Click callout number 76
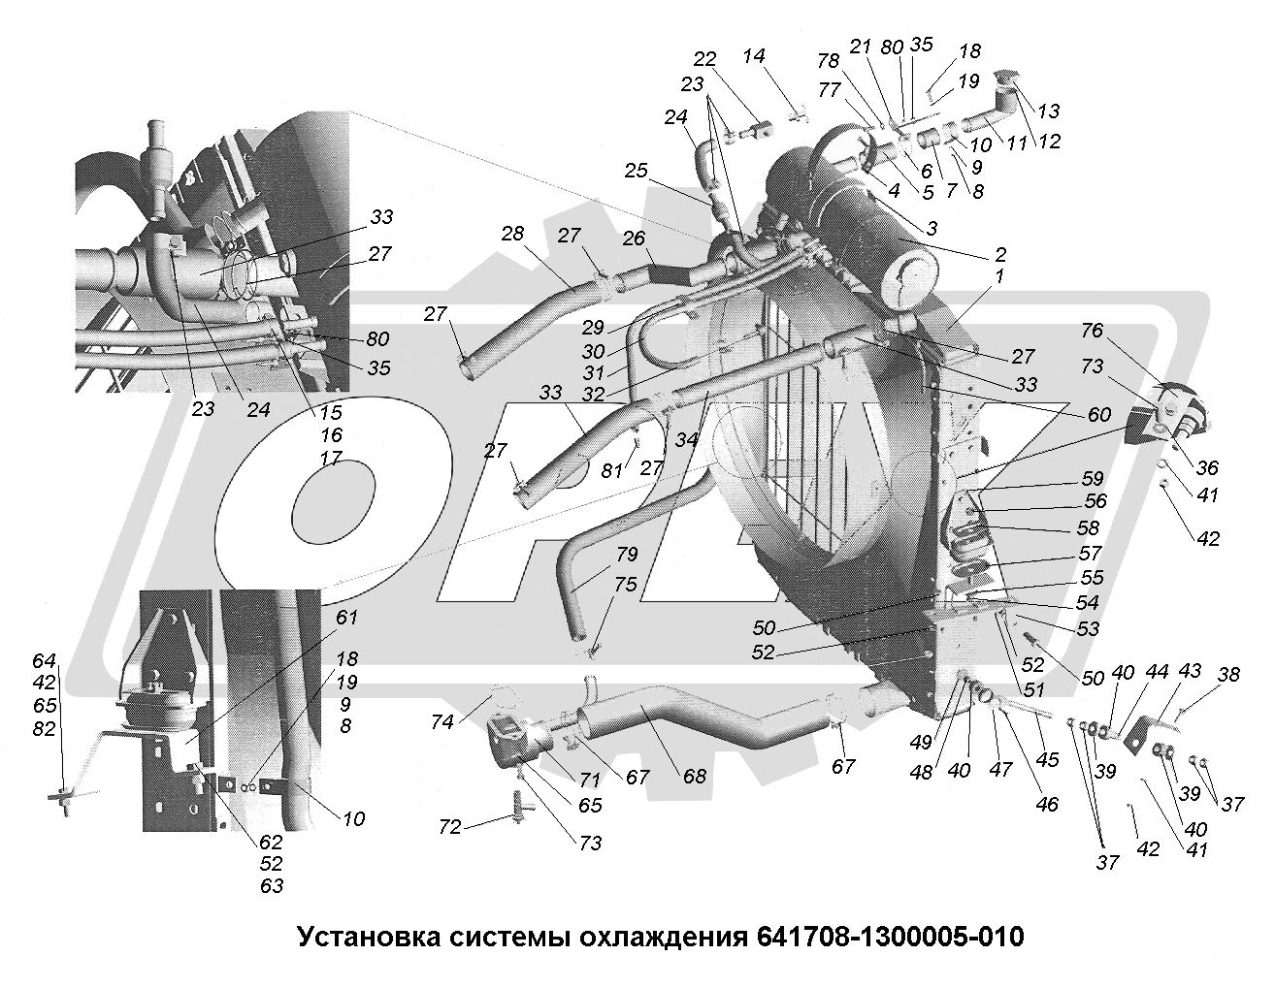[x=1093, y=331]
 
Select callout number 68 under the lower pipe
[x=695, y=777]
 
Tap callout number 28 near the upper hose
[x=512, y=234]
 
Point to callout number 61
[x=346, y=617]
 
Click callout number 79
[x=627, y=554]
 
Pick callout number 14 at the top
[x=754, y=56]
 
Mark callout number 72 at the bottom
[x=450, y=827]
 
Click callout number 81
[x=611, y=470]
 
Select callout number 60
[x=1099, y=414]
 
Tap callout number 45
[x=1047, y=760]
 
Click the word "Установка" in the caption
[x=369, y=937]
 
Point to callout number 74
[x=441, y=722]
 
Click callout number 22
[x=704, y=59]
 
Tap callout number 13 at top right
[x=1049, y=111]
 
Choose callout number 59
[x=1093, y=478]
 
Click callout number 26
[x=634, y=238]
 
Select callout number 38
[x=1228, y=674]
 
